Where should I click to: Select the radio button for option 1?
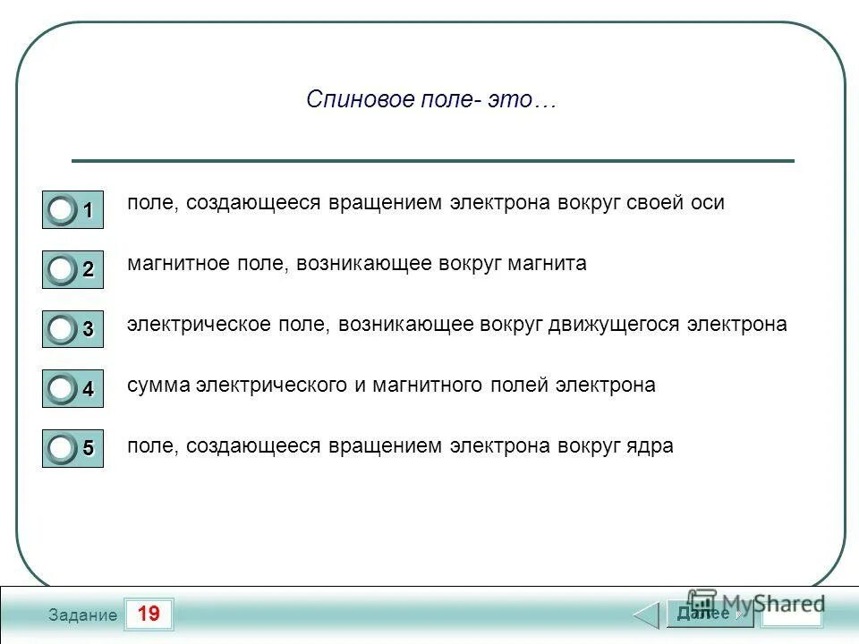62,211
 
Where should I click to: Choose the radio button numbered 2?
62,270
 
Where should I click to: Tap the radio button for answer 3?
62,329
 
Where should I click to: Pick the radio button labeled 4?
62,389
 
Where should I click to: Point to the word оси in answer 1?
707,203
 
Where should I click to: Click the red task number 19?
149,614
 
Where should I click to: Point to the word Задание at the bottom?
83,615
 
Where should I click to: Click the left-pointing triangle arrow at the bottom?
646,615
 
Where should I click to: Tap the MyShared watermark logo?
756,602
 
